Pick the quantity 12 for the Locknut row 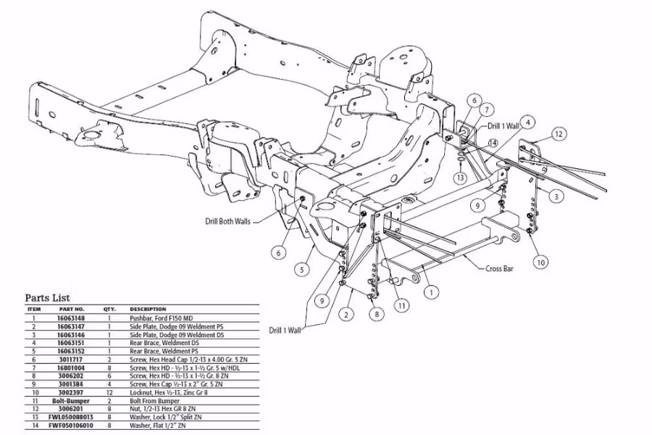click(x=109, y=391)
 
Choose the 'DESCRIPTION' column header click(x=148, y=309)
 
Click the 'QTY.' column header click(x=109, y=309)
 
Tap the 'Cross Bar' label click(x=499, y=268)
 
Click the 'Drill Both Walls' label click(x=226, y=221)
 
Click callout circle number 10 click(x=541, y=262)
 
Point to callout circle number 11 click(x=400, y=305)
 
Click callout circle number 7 click(x=488, y=109)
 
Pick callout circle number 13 click(x=460, y=178)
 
